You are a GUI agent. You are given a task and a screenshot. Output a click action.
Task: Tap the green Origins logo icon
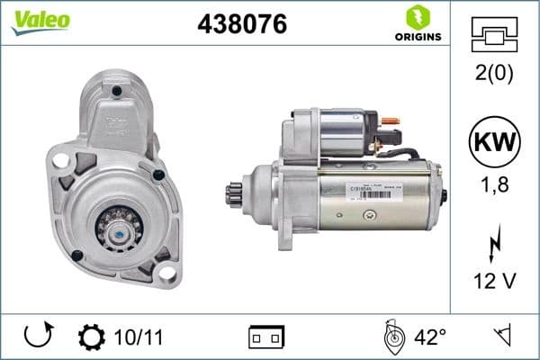417,16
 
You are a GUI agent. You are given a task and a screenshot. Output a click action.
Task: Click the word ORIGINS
417,37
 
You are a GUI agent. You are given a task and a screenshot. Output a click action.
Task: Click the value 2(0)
495,73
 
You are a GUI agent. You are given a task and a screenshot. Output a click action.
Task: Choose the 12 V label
495,282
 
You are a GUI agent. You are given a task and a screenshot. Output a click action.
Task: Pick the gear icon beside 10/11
91,337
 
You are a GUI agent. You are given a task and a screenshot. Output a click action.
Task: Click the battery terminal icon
266,337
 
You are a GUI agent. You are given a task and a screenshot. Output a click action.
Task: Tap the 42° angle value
430,337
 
